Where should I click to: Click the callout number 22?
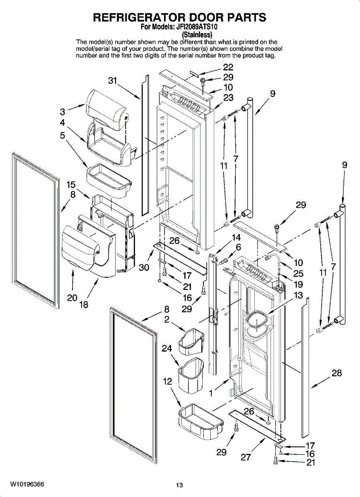(228, 67)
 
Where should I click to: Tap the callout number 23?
(228, 98)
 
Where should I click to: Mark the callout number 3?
(63, 111)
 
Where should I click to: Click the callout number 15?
(71, 184)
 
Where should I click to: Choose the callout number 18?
(84, 305)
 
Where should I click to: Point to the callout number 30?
(144, 268)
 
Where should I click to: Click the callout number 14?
(236, 238)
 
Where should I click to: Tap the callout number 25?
(298, 273)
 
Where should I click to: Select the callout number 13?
(298, 295)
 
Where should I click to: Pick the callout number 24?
(167, 349)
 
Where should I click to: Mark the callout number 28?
(337, 373)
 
